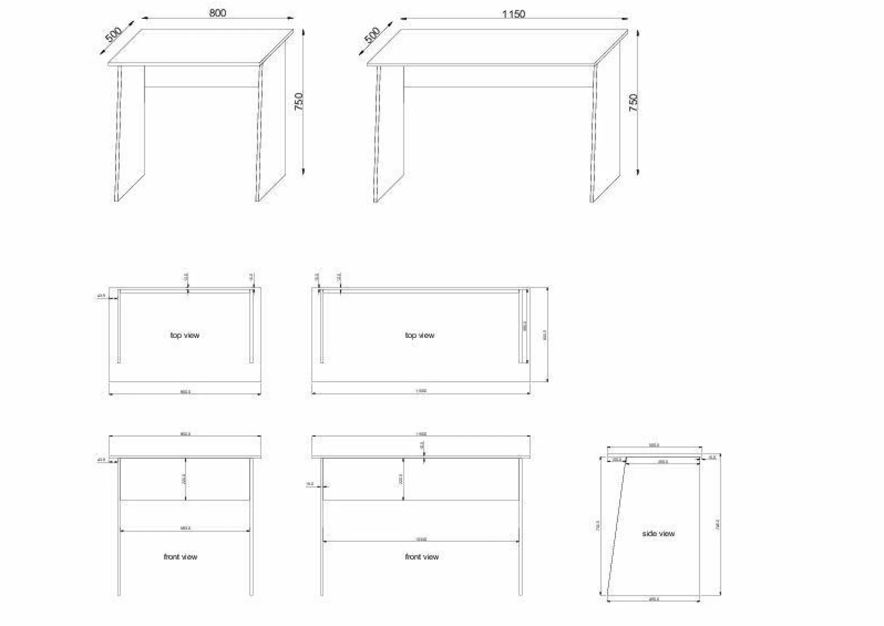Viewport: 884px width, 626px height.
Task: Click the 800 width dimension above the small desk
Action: point(217,13)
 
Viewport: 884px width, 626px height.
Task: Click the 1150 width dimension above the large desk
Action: point(513,14)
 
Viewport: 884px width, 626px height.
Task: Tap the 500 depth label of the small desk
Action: point(113,35)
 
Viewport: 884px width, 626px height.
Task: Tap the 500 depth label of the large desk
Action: point(372,35)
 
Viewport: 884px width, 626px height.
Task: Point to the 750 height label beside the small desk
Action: point(299,102)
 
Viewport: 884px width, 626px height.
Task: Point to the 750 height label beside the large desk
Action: point(633,102)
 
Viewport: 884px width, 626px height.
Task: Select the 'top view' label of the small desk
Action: point(185,335)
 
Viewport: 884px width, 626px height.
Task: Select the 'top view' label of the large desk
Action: point(419,335)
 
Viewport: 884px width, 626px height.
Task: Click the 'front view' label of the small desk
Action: point(181,557)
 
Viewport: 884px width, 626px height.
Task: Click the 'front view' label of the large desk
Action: point(422,557)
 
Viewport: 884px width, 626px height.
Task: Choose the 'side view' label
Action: point(658,533)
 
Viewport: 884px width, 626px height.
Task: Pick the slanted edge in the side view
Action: point(616,526)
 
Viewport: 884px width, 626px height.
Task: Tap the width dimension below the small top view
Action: point(185,392)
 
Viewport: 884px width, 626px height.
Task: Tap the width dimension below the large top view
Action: point(421,391)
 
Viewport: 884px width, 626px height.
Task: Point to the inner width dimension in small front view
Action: point(185,528)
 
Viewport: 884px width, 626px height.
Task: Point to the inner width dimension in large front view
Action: point(421,539)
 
